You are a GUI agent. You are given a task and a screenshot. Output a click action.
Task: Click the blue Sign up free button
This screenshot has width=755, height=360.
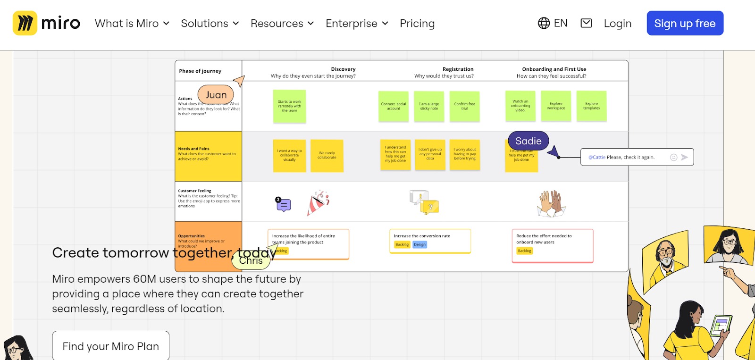point(685,23)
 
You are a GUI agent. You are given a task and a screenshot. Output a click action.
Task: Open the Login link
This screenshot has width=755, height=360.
point(617,23)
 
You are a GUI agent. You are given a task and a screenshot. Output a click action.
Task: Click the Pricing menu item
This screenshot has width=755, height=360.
point(417,23)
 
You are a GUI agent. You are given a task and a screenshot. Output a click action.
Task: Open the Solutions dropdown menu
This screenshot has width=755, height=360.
point(210,23)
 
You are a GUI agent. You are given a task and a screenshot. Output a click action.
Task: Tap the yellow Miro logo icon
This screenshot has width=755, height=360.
point(25,23)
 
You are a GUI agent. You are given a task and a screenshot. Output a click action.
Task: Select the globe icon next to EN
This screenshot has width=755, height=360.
point(544,23)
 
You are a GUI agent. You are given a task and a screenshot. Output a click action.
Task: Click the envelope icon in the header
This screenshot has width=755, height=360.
point(586,23)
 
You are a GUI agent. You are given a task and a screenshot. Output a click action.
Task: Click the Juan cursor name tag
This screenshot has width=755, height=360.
point(216,95)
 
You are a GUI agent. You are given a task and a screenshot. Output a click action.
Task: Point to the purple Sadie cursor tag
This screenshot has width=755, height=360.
point(528,141)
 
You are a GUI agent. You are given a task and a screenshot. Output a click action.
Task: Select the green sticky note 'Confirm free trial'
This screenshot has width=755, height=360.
point(464,106)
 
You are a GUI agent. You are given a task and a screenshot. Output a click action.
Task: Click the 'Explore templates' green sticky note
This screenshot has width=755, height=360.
point(591,106)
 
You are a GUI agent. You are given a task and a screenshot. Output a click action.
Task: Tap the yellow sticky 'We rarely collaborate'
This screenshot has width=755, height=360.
point(327,155)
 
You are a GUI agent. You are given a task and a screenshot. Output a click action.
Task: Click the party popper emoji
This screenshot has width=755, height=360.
point(318,203)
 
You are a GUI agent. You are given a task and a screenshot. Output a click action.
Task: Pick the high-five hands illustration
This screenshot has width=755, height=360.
point(551,203)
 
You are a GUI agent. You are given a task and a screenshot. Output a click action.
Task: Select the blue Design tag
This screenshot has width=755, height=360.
point(419,244)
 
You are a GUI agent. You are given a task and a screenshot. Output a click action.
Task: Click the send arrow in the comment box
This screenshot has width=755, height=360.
point(685,157)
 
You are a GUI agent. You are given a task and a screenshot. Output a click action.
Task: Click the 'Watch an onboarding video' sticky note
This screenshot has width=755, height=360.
point(520,106)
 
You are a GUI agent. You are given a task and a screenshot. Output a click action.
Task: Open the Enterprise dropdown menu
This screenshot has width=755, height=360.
point(357,23)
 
